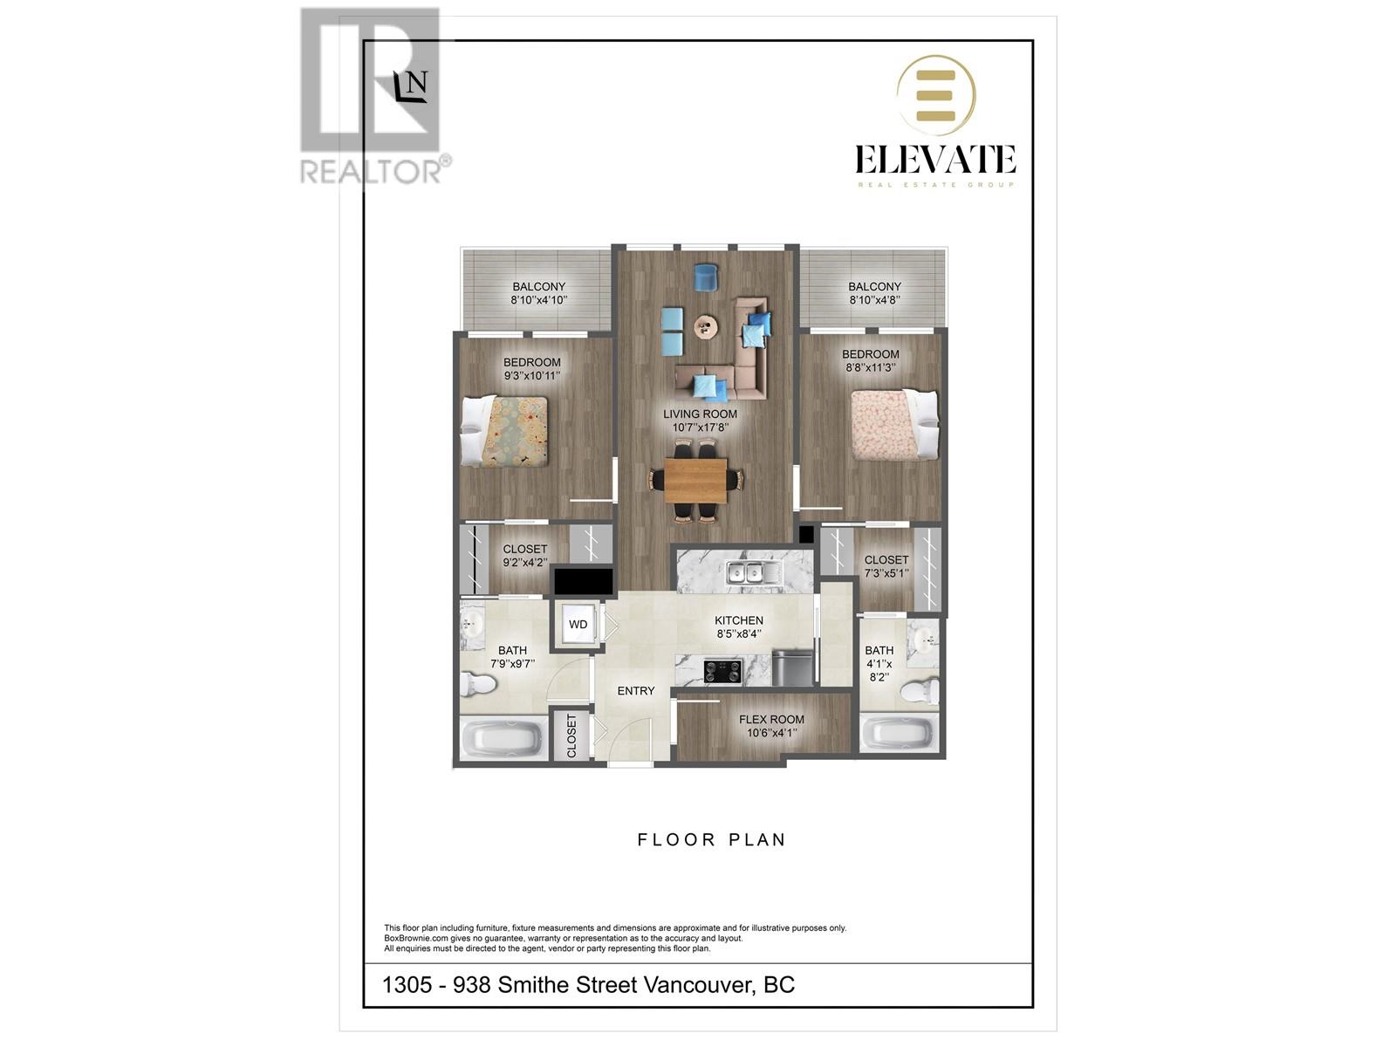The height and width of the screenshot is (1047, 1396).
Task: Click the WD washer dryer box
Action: coord(578,624)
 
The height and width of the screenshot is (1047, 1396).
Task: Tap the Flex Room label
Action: coord(771,720)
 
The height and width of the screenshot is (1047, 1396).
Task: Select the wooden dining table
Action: coord(695,481)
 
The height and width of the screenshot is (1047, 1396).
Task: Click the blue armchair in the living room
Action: coord(705,277)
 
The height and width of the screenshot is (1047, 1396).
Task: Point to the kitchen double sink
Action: coord(743,573)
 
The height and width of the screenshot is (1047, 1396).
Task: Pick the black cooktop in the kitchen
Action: coord(723,671)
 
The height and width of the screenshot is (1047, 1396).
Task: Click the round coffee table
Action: coord(707,328)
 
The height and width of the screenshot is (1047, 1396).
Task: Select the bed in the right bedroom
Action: coord(893,425)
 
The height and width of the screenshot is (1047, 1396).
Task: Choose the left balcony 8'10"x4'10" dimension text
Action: coord(538,300)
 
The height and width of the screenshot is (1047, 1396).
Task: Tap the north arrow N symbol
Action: coord(412,86)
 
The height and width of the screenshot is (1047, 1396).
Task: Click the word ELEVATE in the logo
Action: coord(934,160)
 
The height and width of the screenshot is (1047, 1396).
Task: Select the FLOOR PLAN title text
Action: coord(711,840)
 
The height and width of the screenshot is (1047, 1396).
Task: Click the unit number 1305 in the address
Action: coord(407,985)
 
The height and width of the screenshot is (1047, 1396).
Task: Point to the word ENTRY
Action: coord(635,691)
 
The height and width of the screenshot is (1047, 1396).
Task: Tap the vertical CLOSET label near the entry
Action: coord(572,736)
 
